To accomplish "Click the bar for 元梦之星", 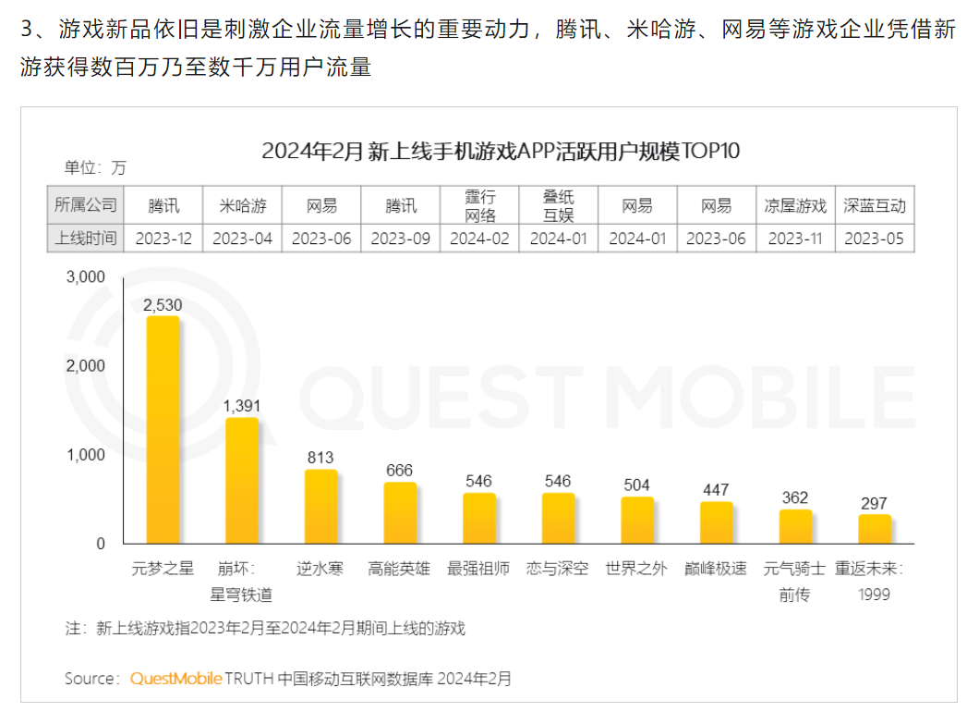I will tap(163, 430).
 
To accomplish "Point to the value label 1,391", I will tap(242, 405).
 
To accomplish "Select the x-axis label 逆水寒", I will tap(321, 569).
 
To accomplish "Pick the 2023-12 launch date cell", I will tap(163, 238).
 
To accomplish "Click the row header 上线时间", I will tap(86, 238).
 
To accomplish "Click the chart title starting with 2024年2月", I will tap(502, 152).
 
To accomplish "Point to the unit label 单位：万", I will tap(95, 167).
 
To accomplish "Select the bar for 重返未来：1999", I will tap(874, 529).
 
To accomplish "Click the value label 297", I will tap(874, 503).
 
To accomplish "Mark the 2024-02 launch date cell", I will tap(479, 238).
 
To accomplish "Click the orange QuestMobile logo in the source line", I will tap(175, 679).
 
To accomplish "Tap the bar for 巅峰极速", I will tap(717, 522).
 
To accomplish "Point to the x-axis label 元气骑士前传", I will tap(795, 582).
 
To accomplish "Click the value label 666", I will tap(400, 470).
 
